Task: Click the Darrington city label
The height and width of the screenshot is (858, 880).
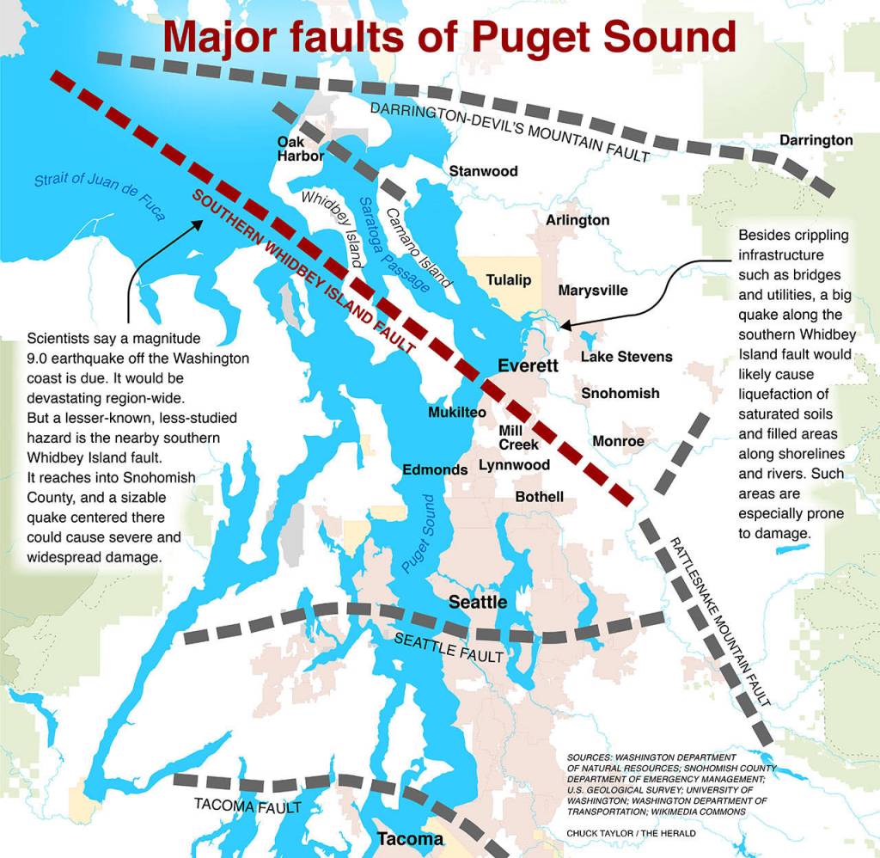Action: click(816, 140)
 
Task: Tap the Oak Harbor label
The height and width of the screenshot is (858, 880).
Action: click(300, 149)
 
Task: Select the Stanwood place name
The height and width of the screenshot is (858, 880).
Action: click(484, 171)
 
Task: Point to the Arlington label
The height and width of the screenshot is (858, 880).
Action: click(577, 220)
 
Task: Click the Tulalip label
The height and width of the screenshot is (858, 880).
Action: click(509, 280)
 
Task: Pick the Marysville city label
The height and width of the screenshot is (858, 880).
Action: click(593, 290)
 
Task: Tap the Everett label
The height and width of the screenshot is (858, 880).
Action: click(528, 366)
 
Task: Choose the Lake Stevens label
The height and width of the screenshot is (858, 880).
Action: click(626, 356)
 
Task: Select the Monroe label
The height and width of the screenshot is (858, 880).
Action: click(618, 441)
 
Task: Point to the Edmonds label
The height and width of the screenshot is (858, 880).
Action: click(435, 469)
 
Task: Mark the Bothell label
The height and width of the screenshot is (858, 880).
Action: click(540, 497)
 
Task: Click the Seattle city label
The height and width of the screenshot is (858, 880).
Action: click(478, 602)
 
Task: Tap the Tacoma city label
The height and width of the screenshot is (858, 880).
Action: click(411, 839)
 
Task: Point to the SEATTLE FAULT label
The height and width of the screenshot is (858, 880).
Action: click(448, 648)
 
